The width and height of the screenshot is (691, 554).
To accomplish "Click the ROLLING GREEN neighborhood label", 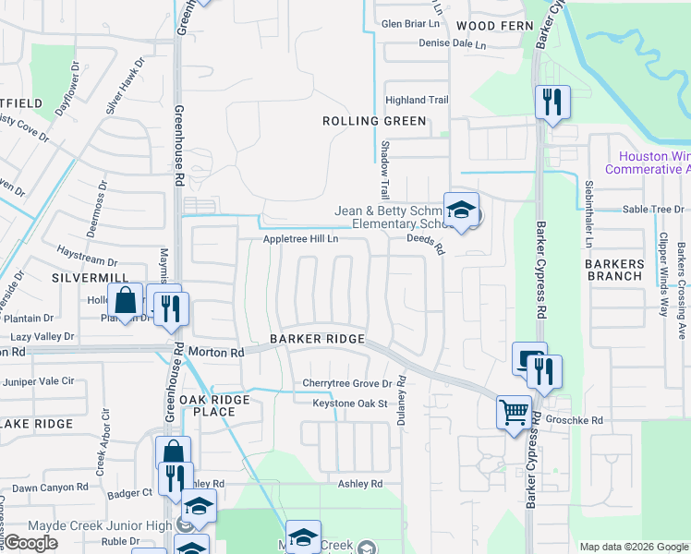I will point(374,121).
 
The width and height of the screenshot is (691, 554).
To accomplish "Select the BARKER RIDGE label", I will point(317,339).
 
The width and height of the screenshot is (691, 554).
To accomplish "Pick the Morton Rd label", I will point(215,352).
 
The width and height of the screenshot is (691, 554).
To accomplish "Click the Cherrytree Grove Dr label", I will point(347,383).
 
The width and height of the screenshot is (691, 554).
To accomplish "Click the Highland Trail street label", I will point(417,100).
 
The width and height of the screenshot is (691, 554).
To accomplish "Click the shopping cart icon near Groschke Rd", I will point(515,412).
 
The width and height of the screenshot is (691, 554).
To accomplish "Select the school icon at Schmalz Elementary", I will point(461,211).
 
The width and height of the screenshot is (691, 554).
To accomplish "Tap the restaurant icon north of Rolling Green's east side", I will point(552,102).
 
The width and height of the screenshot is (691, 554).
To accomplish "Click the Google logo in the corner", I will point(31,543).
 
